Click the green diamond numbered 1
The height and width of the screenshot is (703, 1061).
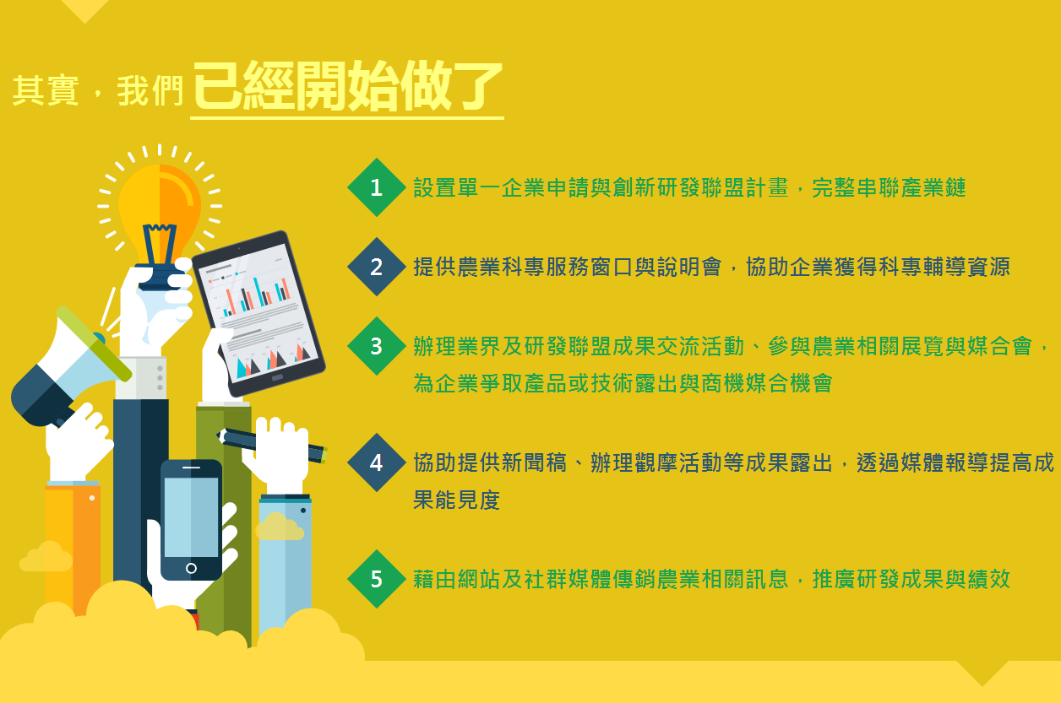[x=377, y=187]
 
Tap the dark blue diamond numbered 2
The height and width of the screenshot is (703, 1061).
[x=377, y=267]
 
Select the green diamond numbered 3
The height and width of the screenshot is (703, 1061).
[x=377, y=346]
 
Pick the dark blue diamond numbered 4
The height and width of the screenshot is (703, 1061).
[x=377, y=462]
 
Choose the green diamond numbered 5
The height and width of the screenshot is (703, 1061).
[x=377, y=579]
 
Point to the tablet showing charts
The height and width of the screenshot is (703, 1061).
[x=259, y=314]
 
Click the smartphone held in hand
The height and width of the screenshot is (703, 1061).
[x=192, y=520]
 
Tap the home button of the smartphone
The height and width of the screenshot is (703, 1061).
[x=192, y=568]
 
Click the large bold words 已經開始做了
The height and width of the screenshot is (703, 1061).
[x=347, y=86]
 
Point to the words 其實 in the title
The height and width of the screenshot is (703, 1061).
[x=46, y=90]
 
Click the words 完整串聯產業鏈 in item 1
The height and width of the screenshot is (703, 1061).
[x=889, y=188]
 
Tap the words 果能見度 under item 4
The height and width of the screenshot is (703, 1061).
[x=457, y=500]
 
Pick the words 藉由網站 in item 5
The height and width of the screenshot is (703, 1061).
[x=457, y=579]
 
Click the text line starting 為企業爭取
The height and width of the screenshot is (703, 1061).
[x=623, y=383]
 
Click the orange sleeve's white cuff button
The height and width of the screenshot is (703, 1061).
[x=92, y=498]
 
